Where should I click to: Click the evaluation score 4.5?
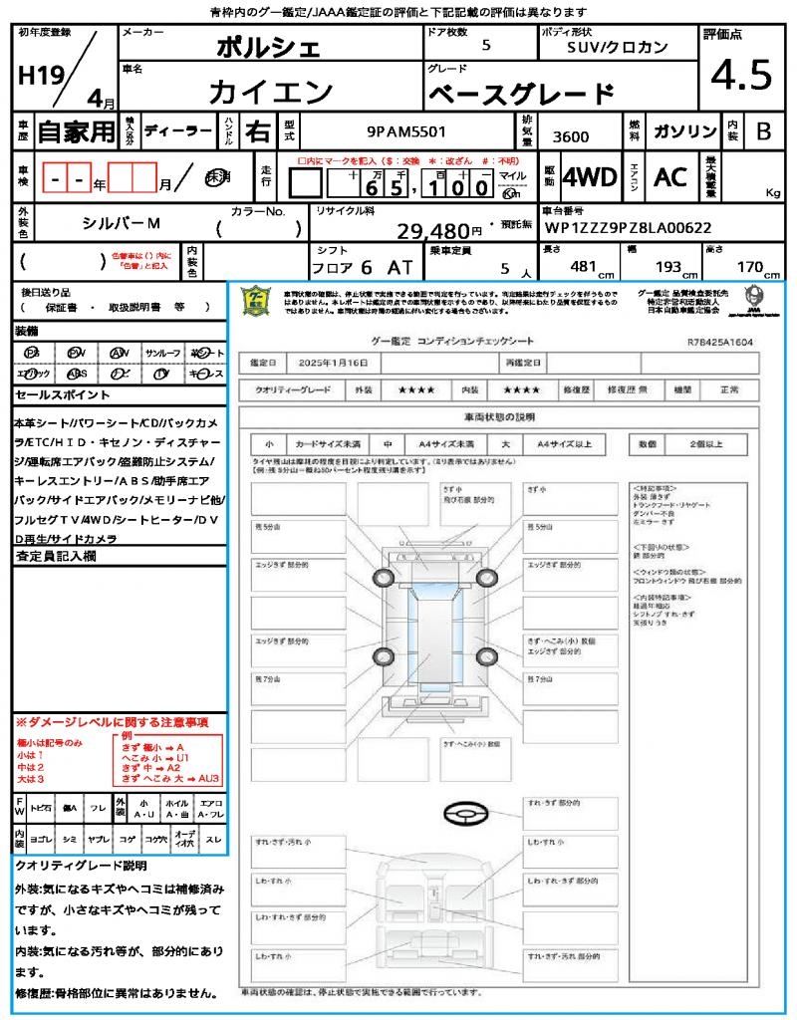click(x=741, y=75)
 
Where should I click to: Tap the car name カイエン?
click(x=271, y=93)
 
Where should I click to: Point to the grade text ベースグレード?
click(x=521, y=95)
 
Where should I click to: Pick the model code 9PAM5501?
click(x=406, y=130)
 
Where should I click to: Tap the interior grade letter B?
click(x=763, y=130)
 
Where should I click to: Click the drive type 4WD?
click(x=589, y=177)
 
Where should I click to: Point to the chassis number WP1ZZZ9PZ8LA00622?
click(x=628, y=227)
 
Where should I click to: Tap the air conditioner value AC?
click(x=670, y=177)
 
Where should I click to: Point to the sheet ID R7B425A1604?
click(x=719, y=342)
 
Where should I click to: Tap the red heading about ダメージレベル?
click(x=112, y=721)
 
